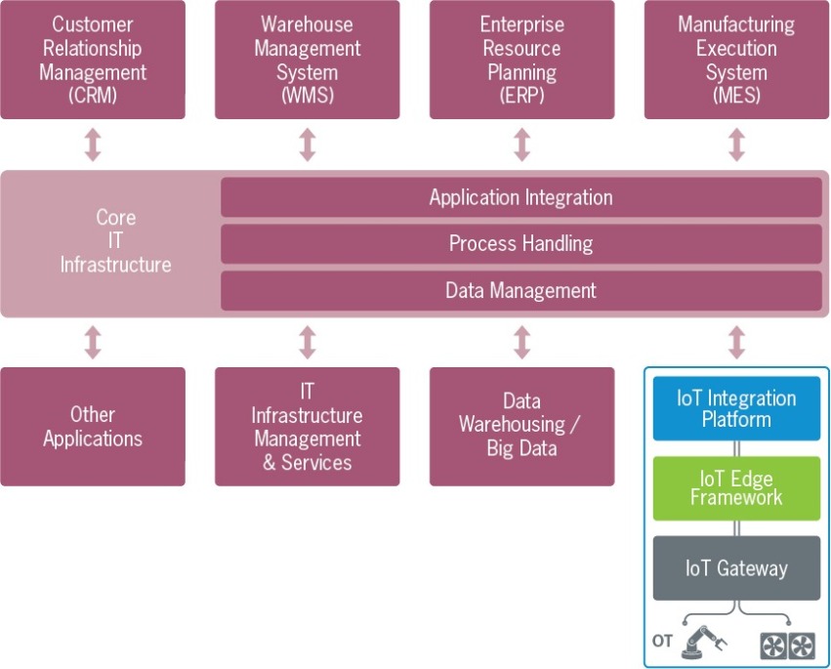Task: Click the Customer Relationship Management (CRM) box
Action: click(x=93, y=60)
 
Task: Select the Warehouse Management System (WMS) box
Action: click(x=308, y=60)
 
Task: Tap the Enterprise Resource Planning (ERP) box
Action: click(x=521, y=60)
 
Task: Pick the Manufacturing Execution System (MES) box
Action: click(x=736, y=60)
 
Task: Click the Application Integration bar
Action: click(x=521, y=197)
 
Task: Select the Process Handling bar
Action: click(x=521, y=244)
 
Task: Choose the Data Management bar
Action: click(x=521, y=290)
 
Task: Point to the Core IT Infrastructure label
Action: click(x=115, y=241)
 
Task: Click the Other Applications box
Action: click(x=93, y=427)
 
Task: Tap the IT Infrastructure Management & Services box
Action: click(x=308, y=427)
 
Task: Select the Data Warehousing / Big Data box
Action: click(x=521, y=427)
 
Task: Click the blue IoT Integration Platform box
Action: click(x=736, y=409)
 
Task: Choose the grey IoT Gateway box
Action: click(x=736, y=568)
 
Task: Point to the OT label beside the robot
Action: click(x=663, y=642)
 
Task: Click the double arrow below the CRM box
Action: click(x=93, y=145)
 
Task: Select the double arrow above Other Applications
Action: click(x=93, y=342)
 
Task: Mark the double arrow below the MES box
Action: click(x=736, y=145)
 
